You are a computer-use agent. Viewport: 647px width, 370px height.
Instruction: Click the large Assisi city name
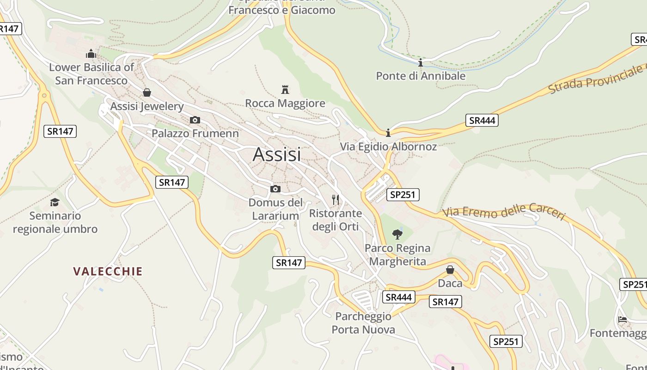(x=277, y=154)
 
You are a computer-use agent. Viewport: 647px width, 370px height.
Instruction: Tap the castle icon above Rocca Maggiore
(x=285, y=89)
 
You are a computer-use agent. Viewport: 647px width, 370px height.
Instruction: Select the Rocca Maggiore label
(x=285, y=103)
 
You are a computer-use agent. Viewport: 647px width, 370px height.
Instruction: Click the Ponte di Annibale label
(x=421, y=76)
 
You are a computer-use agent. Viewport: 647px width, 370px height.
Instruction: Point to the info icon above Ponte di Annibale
(x=421, y=62)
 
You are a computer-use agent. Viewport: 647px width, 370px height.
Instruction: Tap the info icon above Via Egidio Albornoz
(x=388, y=133)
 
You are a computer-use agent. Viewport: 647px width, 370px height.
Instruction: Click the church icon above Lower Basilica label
(x=91, y=54)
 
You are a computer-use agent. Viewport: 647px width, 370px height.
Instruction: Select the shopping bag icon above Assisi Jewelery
(x=147, y=92)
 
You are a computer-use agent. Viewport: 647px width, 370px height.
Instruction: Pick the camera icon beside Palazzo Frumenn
(x=195, y=120)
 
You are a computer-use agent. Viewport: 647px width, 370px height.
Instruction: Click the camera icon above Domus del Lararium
(x=275, y=189)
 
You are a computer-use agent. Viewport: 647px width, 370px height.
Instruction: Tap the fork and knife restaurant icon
(x=336, y=200)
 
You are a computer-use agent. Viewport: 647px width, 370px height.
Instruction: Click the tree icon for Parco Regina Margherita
(x=397, y=234)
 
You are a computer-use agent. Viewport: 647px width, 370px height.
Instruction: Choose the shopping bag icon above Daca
(x=450, y=270)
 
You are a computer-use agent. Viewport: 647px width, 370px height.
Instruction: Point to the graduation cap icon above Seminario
(x=55, y=202)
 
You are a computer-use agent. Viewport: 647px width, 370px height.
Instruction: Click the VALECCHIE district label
(x=108, y=271)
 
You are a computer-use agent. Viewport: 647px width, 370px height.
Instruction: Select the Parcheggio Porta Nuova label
(x=363, y=323)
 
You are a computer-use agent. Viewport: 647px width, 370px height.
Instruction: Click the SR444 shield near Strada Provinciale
(x=482, y=121)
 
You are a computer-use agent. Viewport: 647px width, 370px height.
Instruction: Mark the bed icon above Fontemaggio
(x=623, y=320)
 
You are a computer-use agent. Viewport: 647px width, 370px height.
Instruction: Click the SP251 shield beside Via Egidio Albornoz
(x=403, y=195)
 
